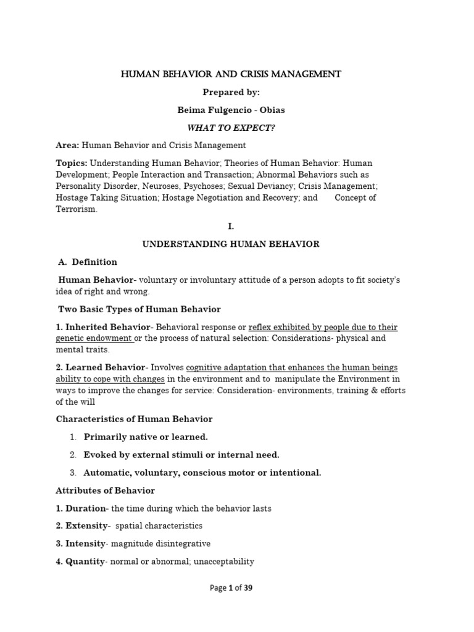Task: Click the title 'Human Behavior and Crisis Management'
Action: point(231,75)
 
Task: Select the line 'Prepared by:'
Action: point(231,92)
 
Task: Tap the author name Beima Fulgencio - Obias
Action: point(231,110)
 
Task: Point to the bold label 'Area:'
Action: point(68,145)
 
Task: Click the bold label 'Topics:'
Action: point(72,163)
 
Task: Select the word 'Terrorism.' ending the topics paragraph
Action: point(77,209)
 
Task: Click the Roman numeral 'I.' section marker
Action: point(231,227)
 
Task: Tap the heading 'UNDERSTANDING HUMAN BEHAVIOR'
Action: point(231,244)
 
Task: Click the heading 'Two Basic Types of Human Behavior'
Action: point(139,309)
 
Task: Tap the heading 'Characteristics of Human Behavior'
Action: point(134,419)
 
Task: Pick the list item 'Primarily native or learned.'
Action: point(146,437)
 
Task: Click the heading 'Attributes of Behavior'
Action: point(105,491)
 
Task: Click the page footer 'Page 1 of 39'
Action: point(231,588)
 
